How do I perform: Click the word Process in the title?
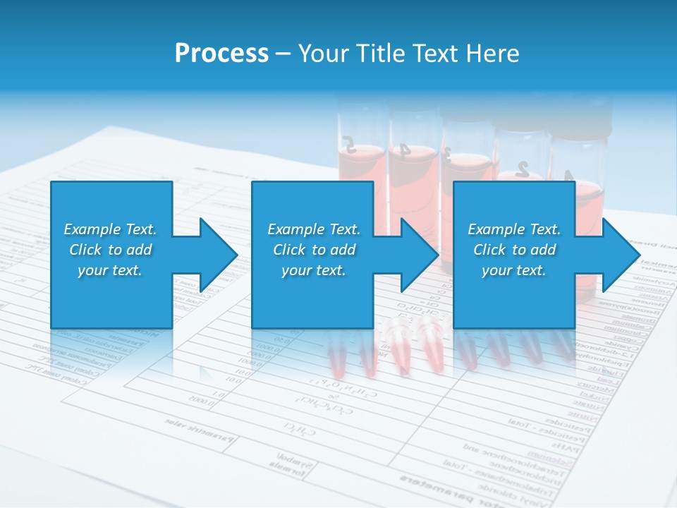tap(221, 54)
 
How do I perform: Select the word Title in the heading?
tap(380, 54)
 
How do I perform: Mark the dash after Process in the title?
tap(283, 54)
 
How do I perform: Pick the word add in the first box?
tap(140, 250)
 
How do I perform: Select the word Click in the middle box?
tap(290, 250)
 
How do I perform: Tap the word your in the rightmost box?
tap(496, 270)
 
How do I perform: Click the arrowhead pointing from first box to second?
tap(218, 255)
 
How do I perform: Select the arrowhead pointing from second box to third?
tap(419, 255)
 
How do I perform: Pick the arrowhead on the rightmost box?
tap(620, 255)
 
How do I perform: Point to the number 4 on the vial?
tap(404, 150)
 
